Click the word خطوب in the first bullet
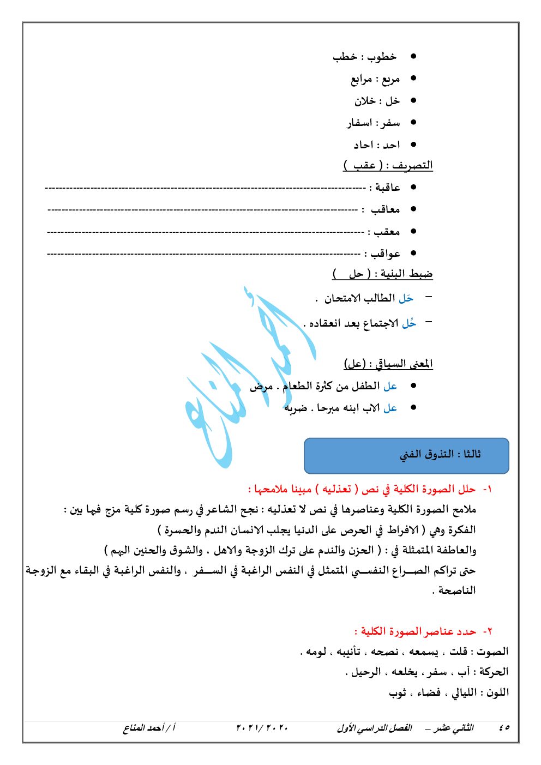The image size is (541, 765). pyautogui.click(x=382, y=57)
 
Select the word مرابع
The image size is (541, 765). pyautogui.click(x=361, y=80)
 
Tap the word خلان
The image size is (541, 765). pyautogui.click(x=365, y=101)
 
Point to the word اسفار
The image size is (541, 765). pyautogui.click(x=359, y=123)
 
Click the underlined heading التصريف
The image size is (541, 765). pyautogui.click(x=412, y=165)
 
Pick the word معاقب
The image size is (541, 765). pyautogui.click(x=386, y=209)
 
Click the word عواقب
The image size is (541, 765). pyautogui.click(x=386, y=254)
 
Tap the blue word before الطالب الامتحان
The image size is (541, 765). pyautogui.click(x=406, y=298)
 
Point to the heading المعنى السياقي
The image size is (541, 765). pyautogui.click(x=404, y=364)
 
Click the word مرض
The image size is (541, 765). pyautogui.click(x=261, y=387)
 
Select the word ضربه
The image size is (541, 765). pyautogui.click(x=296, y=408)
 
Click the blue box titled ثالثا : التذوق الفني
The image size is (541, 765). pyautogui.click(x=406, y=455)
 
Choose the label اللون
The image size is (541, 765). pyautogui.click(x=497, y=692)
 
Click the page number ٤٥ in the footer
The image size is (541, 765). pyautogui.click(x=504, y=728)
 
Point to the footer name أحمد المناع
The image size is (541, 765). pyautogui.click(x=143, y=728)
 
